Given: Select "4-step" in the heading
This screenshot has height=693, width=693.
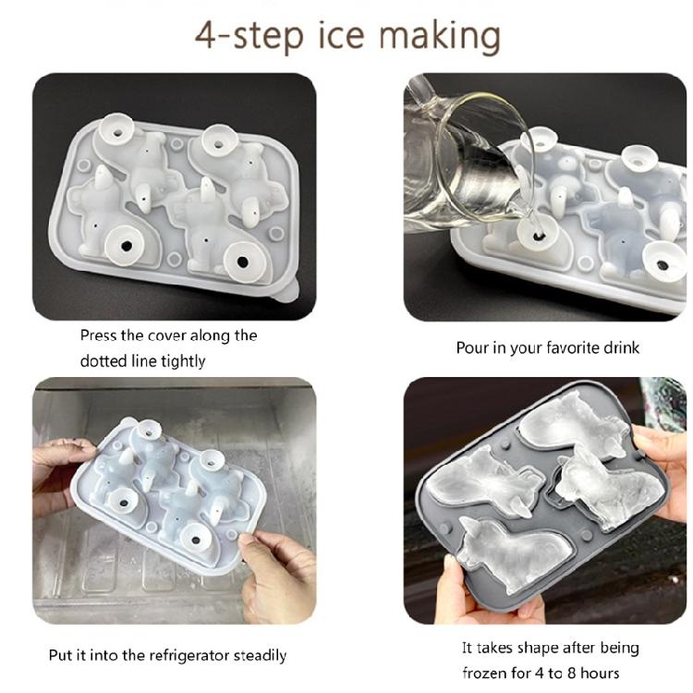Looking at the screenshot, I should tap(237, 35).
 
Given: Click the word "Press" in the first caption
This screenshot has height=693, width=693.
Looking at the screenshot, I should tap(99, 335).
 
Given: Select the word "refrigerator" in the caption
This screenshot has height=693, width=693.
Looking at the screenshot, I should tap(186, 655).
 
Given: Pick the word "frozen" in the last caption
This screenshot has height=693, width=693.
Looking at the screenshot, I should tap(482, 672).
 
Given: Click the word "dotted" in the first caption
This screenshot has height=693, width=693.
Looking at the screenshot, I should tap(103, 360).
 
